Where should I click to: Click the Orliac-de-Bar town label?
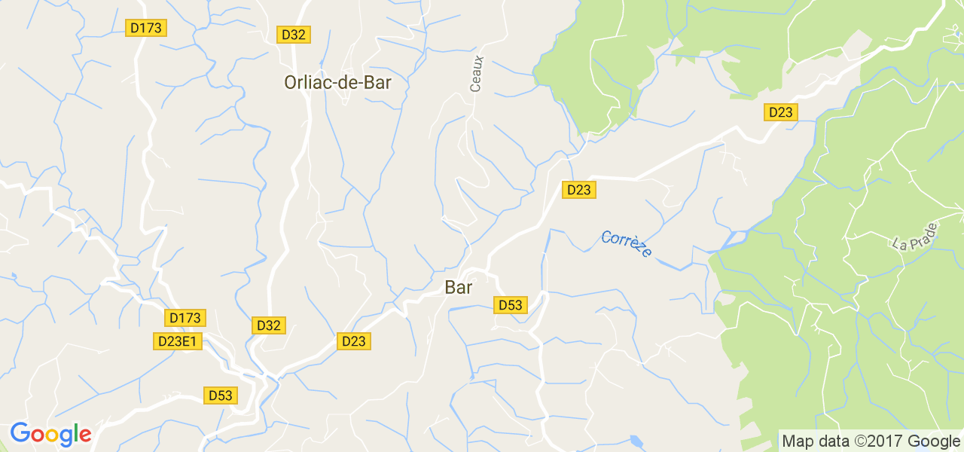click(x=337, y=83)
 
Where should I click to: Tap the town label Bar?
click(x=459, y=287)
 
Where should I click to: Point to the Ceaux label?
click(x=476, y=74)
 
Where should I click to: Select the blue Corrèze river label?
click(x=627, y=244)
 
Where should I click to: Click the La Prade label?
click(x=914, y=236)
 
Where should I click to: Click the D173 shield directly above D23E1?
click(x=185, y=318)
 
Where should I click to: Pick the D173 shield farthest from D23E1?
click(x=146, y=28)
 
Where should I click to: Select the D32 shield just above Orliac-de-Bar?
click(x=294, y=35)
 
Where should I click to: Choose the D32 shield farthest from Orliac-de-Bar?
click(x=268, y=325)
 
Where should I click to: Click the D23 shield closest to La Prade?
click(x=780, y=112)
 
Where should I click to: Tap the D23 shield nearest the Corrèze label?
click(x=578, y=190)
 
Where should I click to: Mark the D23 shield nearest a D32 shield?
click(x=353, y=341)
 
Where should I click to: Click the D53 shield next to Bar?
click(x=510, y=305)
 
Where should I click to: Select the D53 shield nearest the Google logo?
click(x=221, y=395)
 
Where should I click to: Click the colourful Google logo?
click(x=50, y=434)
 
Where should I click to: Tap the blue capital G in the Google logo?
click(x=19, y=433)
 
